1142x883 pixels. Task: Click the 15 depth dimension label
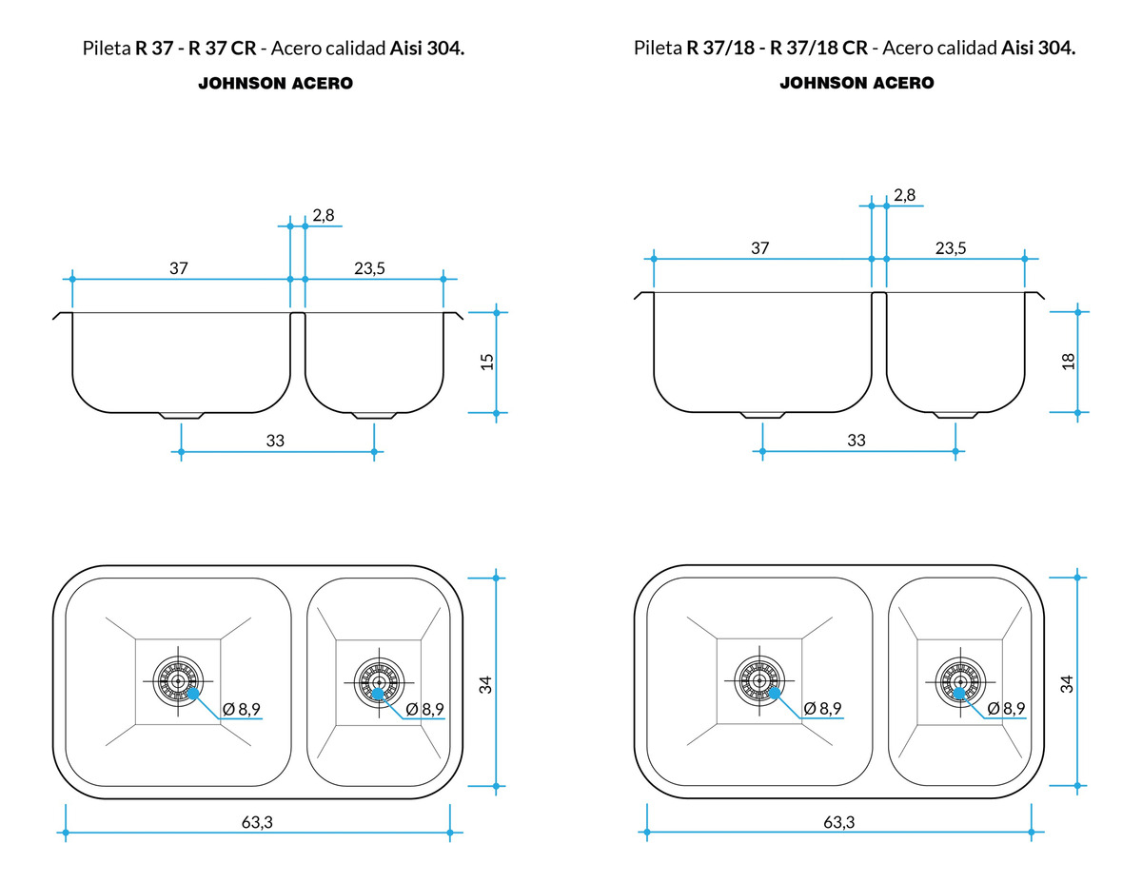pos(487,362)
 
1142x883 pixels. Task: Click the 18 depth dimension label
pos(1068,362)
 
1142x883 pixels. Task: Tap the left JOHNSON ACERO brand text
pos(275,84)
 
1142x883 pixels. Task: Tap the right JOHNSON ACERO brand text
pos(856,84)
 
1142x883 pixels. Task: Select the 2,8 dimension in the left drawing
pos(324,215)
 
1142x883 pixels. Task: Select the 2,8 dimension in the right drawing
pos(904,195)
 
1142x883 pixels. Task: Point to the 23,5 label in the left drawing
pos(369,268)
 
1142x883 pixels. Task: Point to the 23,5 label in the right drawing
pos(950,248)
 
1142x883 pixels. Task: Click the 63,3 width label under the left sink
pos(257,822)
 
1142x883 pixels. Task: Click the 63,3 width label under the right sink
pos(837,822)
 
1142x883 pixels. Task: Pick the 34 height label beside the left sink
pos(486,683)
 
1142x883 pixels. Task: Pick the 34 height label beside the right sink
pos(1067,683)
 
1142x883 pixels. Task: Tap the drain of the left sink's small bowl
pos(379,681)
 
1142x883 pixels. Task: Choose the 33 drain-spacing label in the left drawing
pos(275,441)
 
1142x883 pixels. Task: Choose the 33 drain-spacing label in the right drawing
pos(856,441)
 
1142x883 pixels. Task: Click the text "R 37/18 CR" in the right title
pos(817,49)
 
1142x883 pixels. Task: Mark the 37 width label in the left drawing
pos(179,268)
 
